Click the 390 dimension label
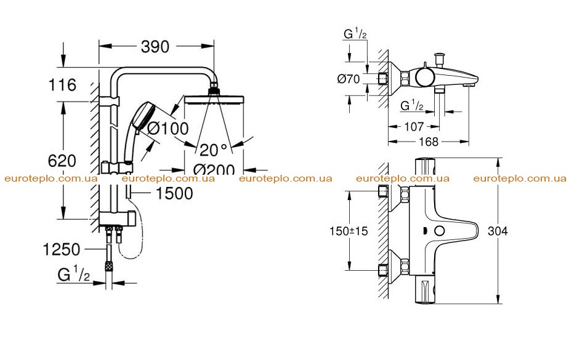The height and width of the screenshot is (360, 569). point(155,47)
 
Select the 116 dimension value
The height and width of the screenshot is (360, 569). point(62,85)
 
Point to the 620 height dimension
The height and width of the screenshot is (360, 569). point(62,161)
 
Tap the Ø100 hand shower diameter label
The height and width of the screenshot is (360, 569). point(168,129)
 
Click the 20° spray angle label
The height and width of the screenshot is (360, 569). point(213,150)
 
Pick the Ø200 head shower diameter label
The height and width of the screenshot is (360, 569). point(214,169)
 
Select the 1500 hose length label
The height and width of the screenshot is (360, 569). point(174,193)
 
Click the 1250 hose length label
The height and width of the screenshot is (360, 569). point(62,249)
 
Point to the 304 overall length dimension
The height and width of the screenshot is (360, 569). point(498,231)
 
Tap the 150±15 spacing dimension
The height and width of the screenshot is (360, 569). point(349,231)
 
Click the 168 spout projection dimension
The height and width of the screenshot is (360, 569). point(429,142)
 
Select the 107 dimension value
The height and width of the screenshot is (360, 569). point(414,127)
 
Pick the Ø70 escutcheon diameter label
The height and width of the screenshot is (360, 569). point(349,79)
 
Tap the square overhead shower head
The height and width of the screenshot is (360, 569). point(214,98)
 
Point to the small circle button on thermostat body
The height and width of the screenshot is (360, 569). point(440,231)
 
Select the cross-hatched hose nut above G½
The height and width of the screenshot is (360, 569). point(108,266)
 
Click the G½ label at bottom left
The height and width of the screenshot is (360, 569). point(73,274)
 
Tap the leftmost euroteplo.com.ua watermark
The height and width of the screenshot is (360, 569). point(51,178)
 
